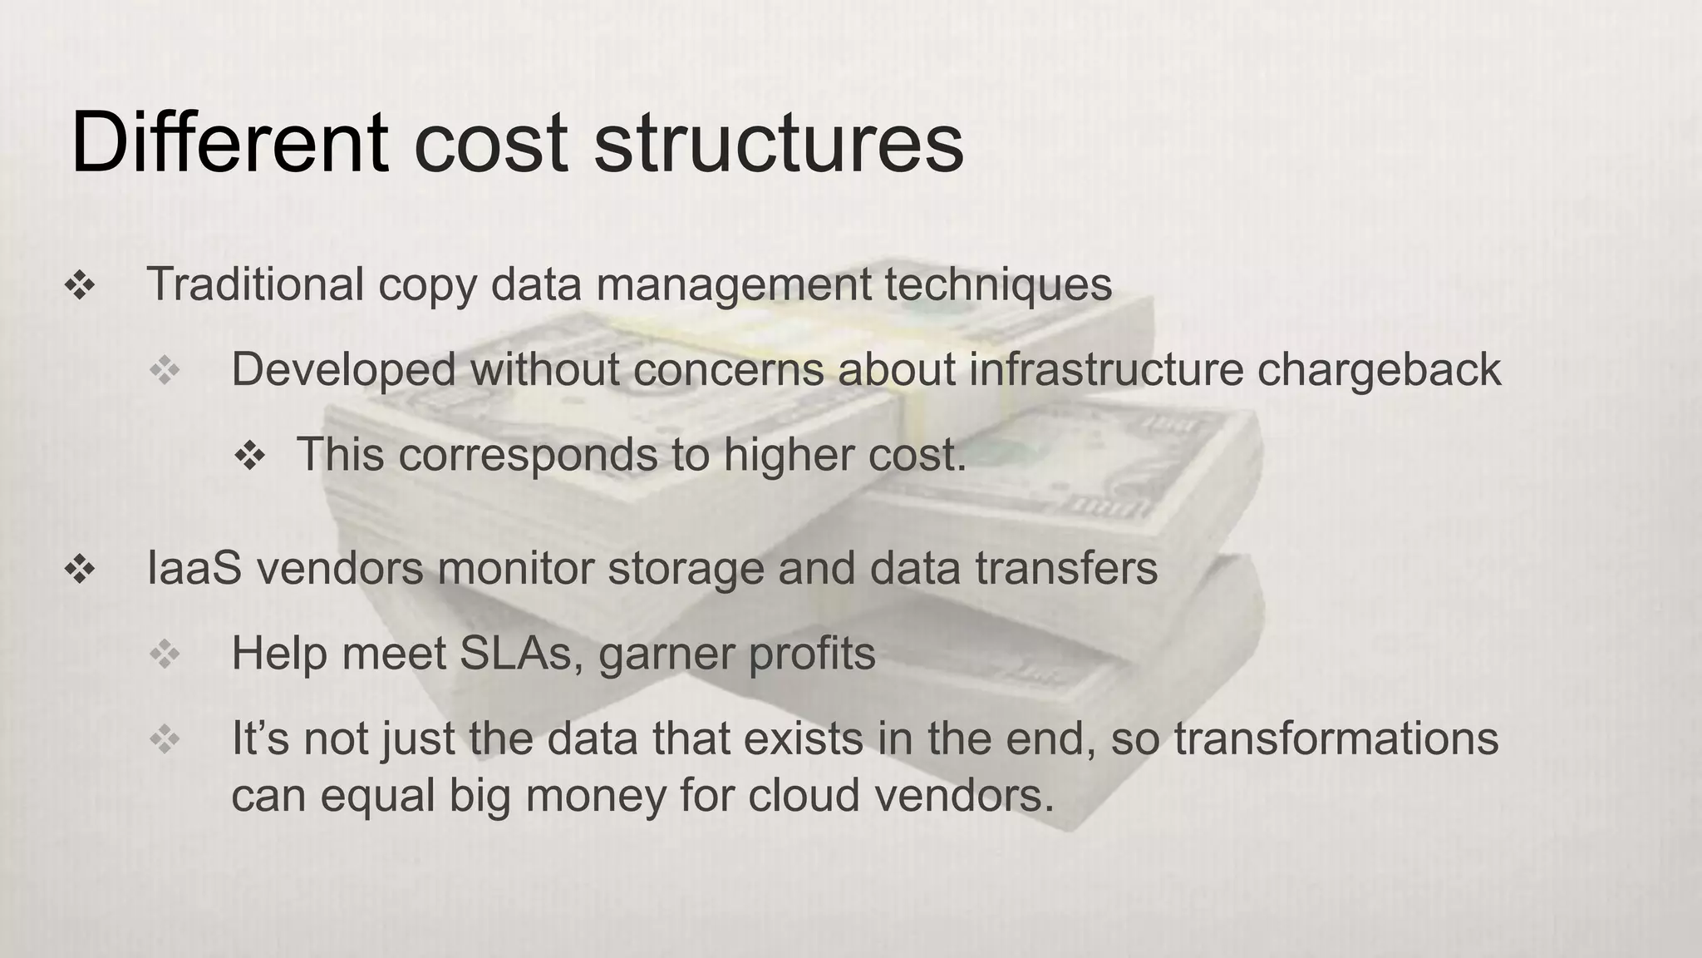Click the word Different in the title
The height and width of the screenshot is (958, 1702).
(x=229, y=143)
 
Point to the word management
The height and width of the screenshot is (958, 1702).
(x=734, y=285)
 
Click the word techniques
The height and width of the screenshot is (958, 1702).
(x=997, y=285)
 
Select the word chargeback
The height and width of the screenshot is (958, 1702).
(x=1379, y=370)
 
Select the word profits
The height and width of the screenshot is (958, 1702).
(x=812, y=654)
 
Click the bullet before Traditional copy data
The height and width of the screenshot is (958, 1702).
(x=80, y=286)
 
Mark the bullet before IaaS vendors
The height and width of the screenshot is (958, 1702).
(x=80, y=570)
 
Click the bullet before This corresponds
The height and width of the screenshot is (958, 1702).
(x=249, y=456)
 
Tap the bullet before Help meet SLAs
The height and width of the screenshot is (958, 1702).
(x=165, y=654)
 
